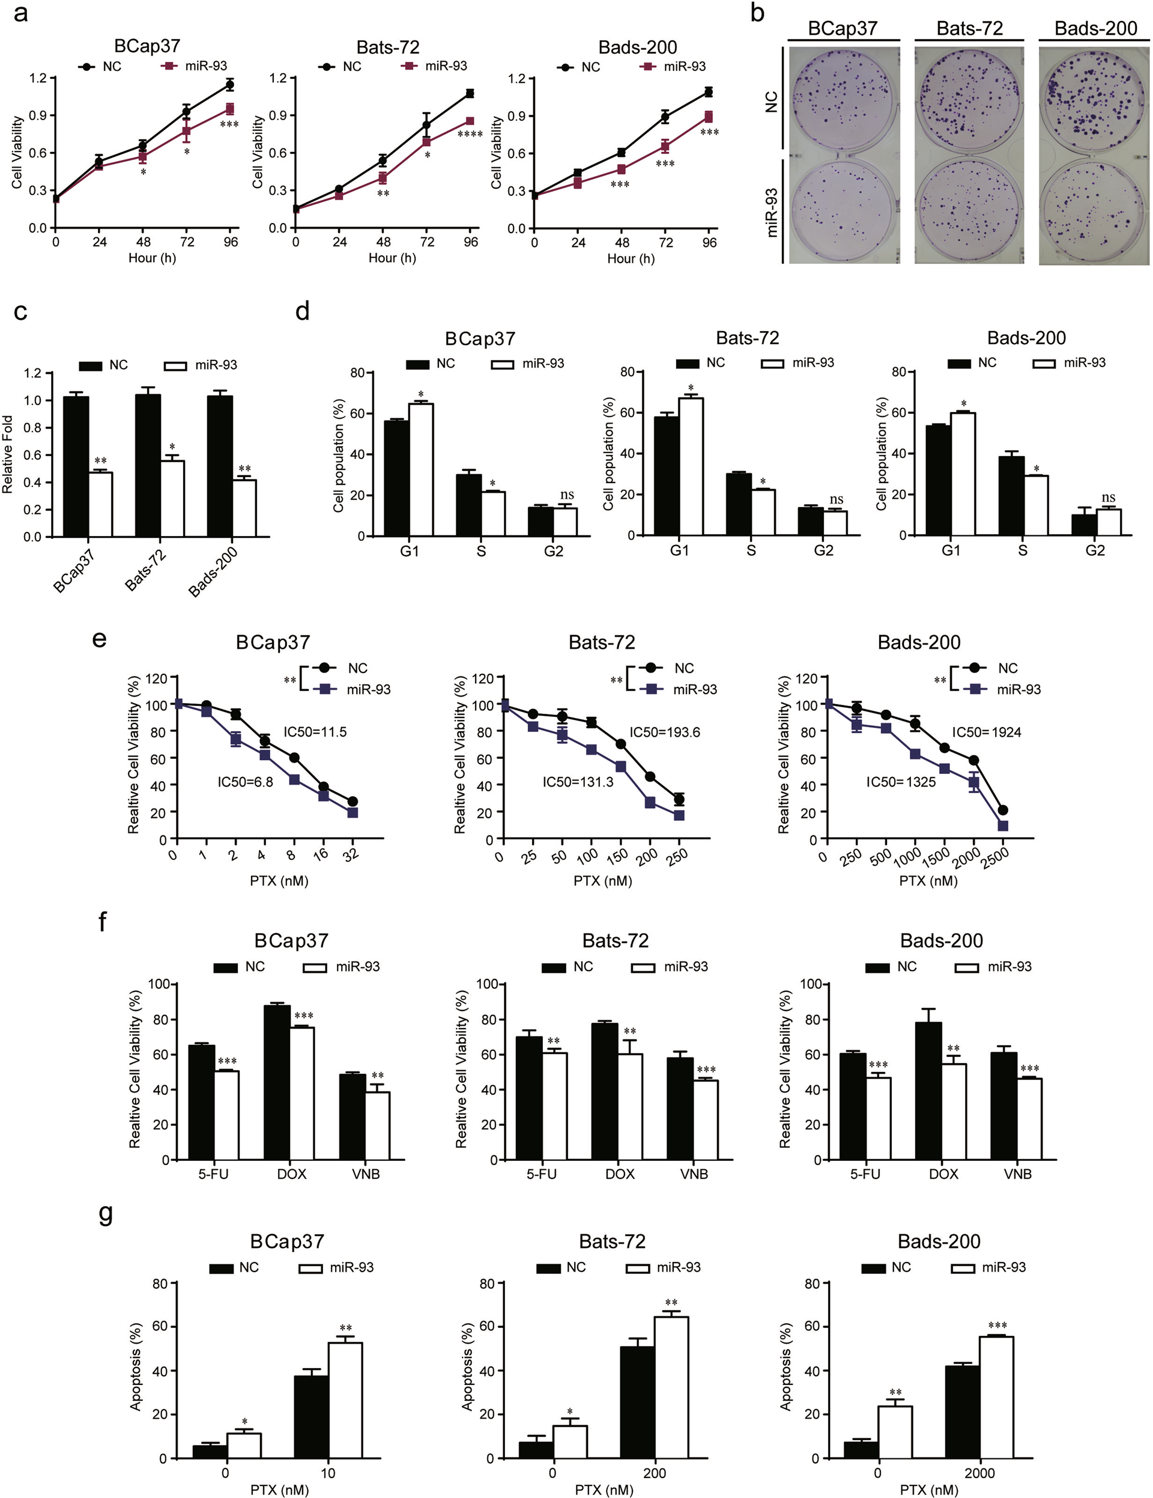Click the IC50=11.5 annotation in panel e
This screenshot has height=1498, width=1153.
click(315, 732)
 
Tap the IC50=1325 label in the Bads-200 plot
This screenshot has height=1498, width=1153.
click(901, 782)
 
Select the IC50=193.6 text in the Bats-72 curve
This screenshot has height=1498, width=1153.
click(665, 732)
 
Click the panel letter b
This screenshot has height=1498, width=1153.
click(757, 14)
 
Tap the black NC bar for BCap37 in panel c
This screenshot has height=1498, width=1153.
click(76, 466)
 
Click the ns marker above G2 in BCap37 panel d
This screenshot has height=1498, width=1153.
click(567, 495)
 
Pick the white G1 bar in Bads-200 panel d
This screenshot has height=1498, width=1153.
click(963, 473)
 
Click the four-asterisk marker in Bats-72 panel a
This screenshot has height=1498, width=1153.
click(470, 135)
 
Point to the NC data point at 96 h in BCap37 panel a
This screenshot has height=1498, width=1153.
click(231, 85)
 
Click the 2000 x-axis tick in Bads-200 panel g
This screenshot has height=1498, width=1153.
click(979, 1473)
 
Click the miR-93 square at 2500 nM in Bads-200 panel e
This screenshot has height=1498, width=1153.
click(1003, 826)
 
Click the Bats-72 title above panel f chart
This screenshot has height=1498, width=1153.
click(615, 940)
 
